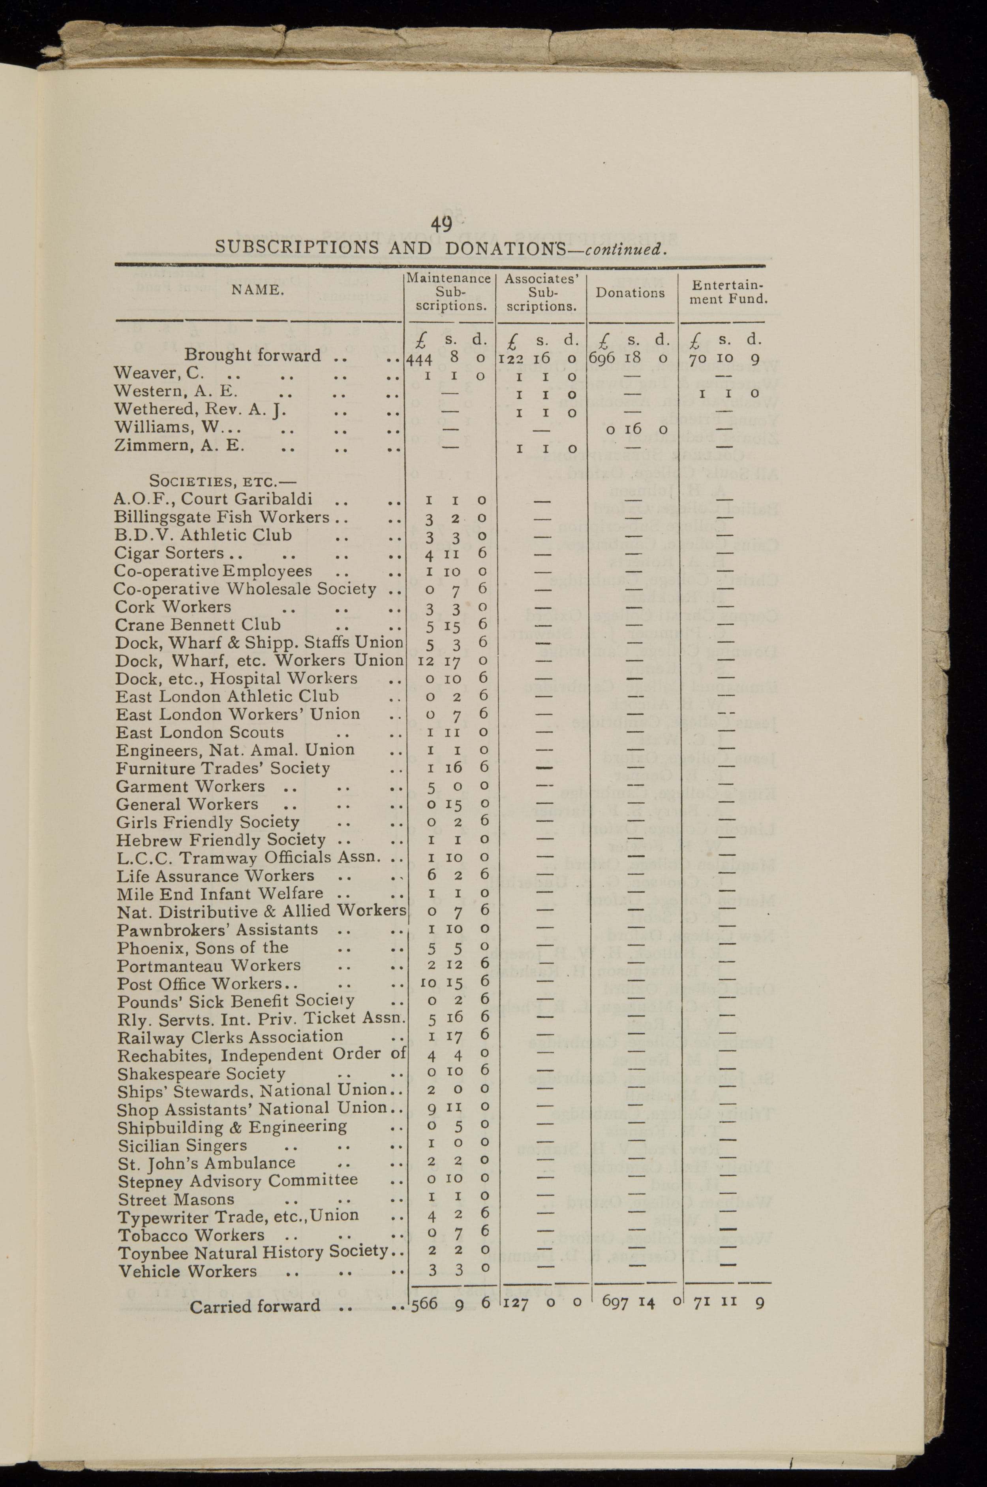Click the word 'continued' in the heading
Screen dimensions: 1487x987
(x=623, y=249)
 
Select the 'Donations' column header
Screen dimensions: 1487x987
(x=630, y=293)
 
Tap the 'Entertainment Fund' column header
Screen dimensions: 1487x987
(x=728, y=293)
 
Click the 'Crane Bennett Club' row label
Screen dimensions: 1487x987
(x=198, y=625)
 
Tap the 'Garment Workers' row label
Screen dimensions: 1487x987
(x=190, y=787)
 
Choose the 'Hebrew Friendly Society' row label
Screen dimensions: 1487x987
(x=220, y=840)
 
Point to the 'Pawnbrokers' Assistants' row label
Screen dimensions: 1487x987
(x=217, y=930)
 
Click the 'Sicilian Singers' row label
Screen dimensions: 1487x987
(x=182, y=1146)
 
